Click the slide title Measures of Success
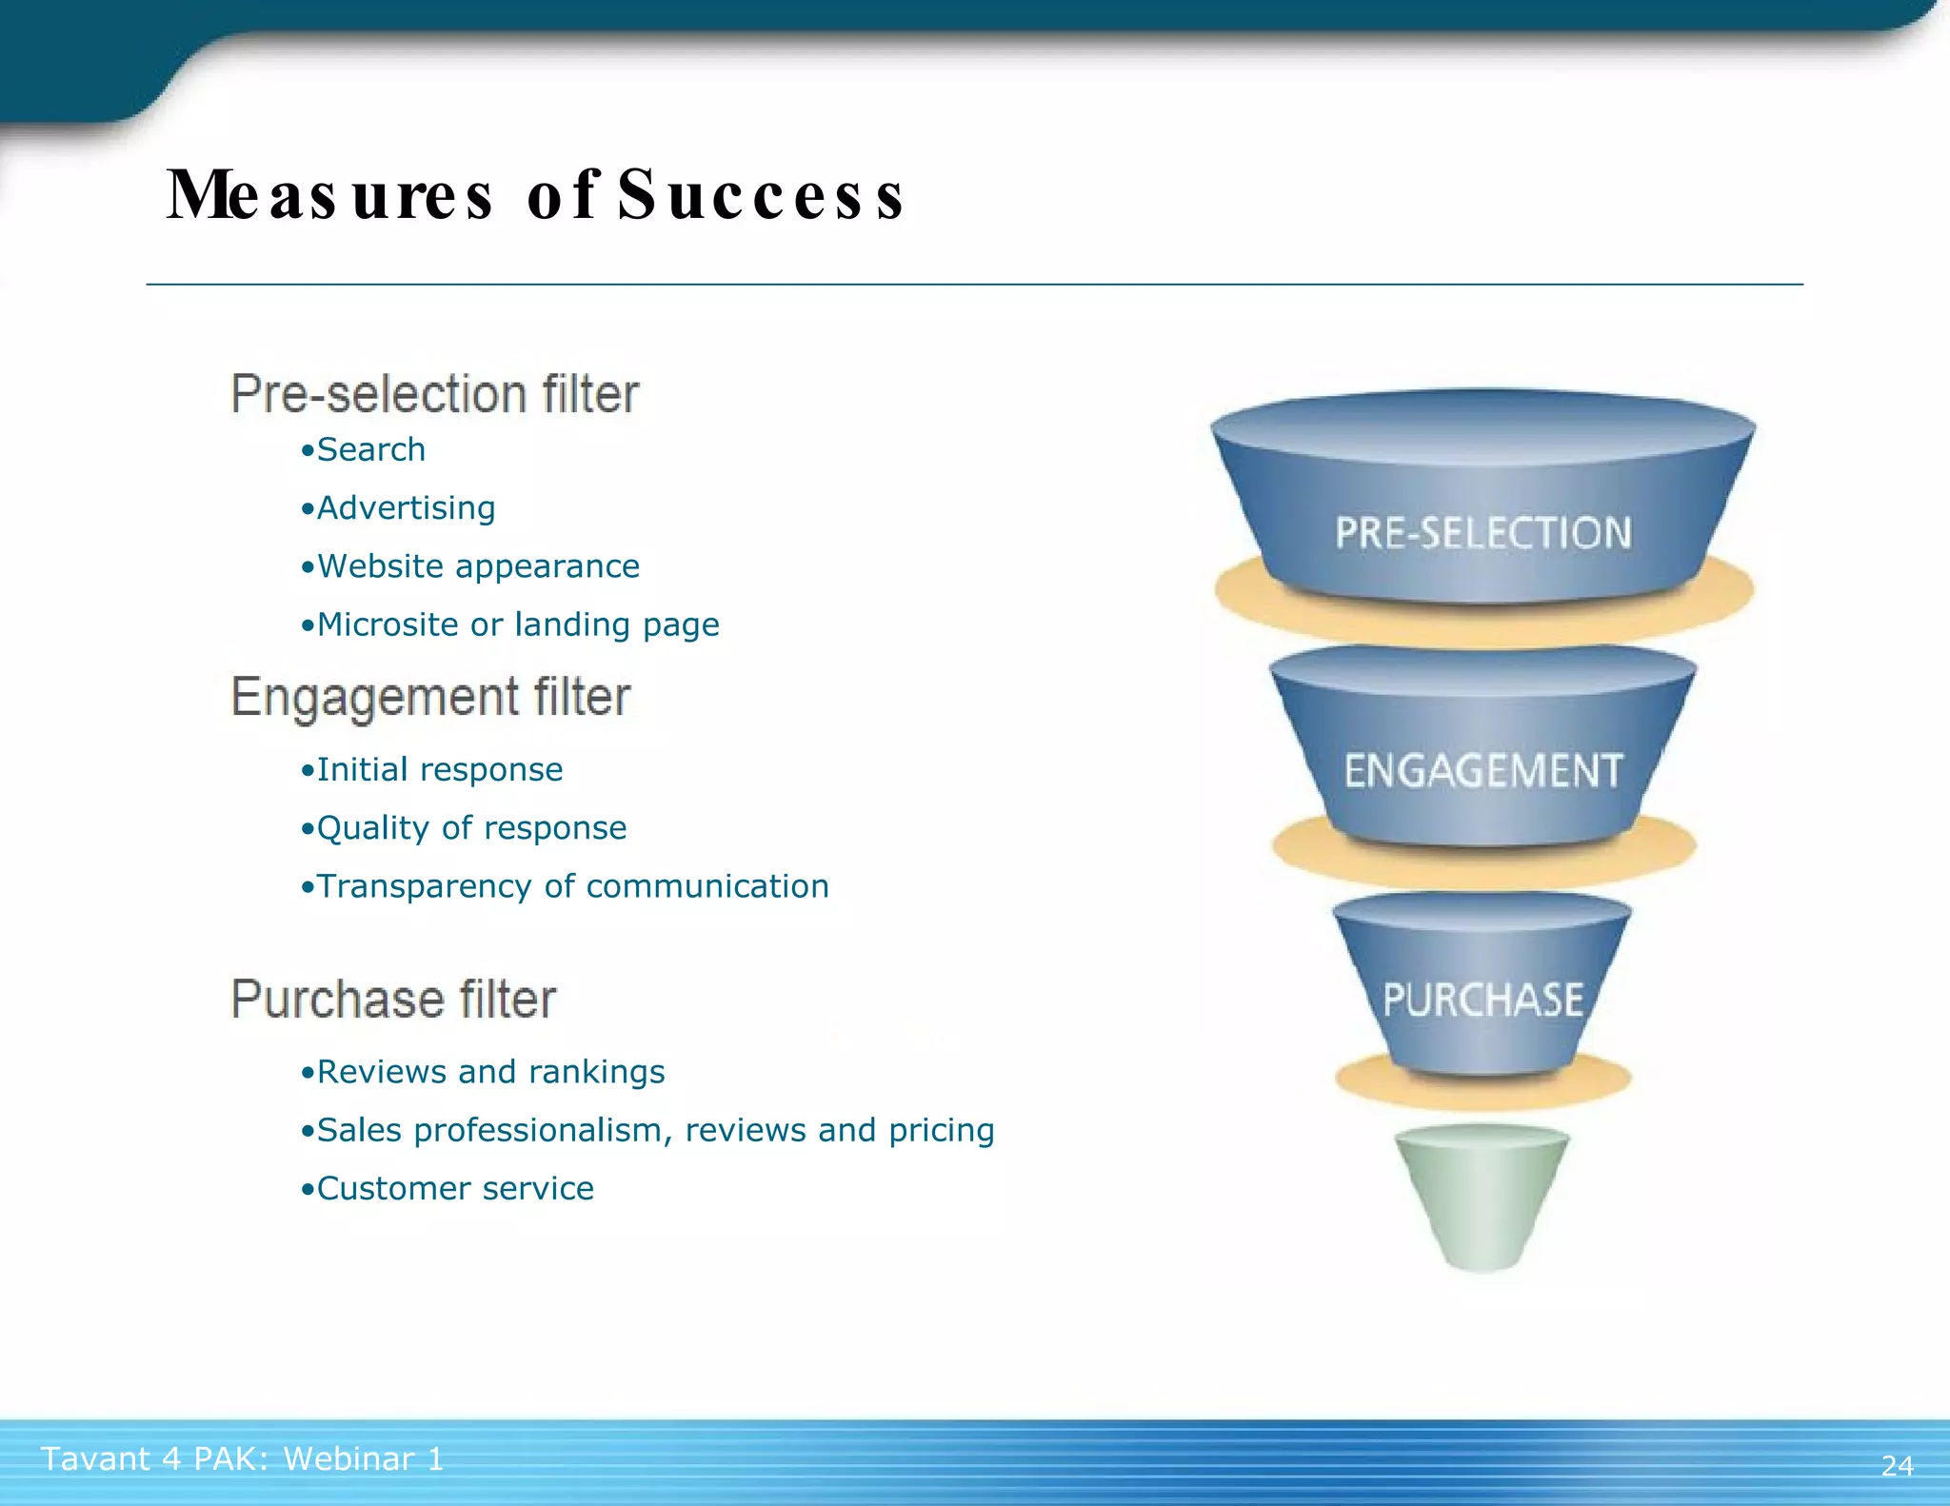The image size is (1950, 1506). pyautogui.click(x=535, y=194)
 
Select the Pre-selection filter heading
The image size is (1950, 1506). pyautogui.click(x=435, y=394)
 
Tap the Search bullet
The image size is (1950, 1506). pyautogui.click(x=364, y=449)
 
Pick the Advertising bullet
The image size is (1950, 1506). pyautogui.click(x=398, y=508)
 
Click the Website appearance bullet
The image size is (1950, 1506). pyautogui.click(x=470, y=566)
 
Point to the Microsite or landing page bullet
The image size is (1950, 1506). pyautogui.click(x=510, y=624)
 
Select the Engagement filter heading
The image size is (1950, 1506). pyautogui.click(x=430, y=697)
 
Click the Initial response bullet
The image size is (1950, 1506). pyautogui.click(x=431, y=769)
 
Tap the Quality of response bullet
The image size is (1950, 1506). pyautogui.click(x=464, y=828)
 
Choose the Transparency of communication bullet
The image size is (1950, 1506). pyautogui.click(x=565, y=886)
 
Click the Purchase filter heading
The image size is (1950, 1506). pyautogui.click(x=393, y=1000)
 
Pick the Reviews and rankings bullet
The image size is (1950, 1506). pyautogui.click(x=483, y=1072)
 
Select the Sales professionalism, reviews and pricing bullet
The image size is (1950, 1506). pyautogui.click(x=647, y=1130)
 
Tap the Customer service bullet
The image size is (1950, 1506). pyautogui.click(x=448, y=1188)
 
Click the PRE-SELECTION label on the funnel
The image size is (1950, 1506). pyautogui.click(x=1482, y=533)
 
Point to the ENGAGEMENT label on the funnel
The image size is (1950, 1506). pyautogui.click(x=1482, y=771)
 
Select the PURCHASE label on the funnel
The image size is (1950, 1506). pyautogui.click(x=1482, y=1001)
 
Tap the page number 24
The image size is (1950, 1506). pyautogui.click(x=1897, y=1465)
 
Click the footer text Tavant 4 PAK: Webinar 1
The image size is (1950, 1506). pyautogui.click(x=243, y=1458)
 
